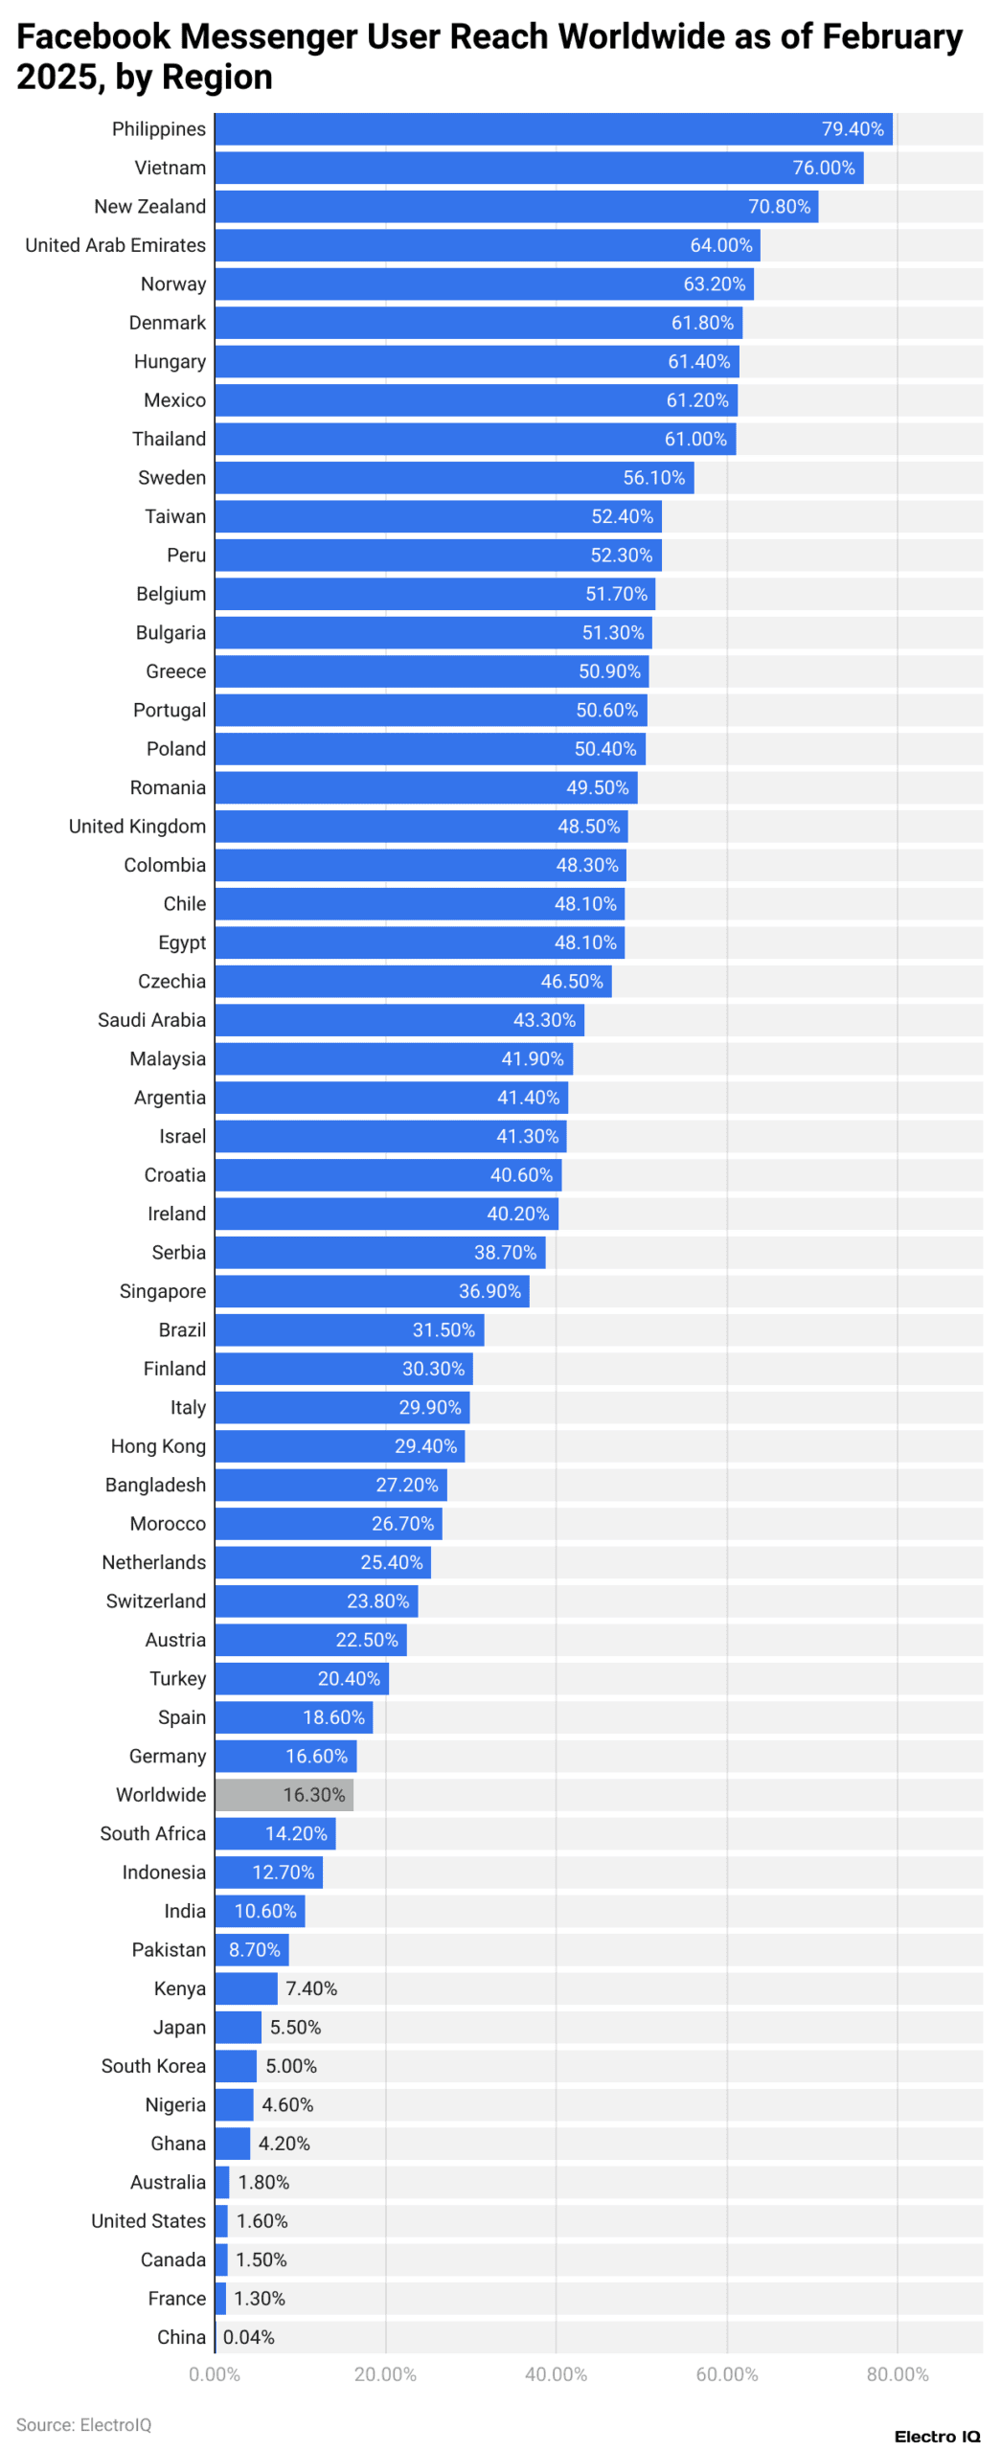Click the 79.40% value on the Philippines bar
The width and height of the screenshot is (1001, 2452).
(x=852, y=129)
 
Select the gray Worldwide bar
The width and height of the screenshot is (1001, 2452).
(x=283, y=1794)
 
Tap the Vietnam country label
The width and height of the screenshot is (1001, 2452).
(x=170, y=168)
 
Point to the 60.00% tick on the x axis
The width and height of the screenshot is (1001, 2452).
(x=726, y=2373)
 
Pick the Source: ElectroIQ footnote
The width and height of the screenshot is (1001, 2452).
(x=83, y=2424)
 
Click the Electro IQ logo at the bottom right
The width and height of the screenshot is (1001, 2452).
(x=936, y=2436)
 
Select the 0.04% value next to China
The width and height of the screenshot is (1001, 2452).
(x=248, y=2336)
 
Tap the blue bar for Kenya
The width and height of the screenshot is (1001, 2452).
(x=245, y=1987)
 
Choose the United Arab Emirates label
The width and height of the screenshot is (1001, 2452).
(x=115, y=245)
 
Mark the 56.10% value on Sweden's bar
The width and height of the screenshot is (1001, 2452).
(x=653, y=478)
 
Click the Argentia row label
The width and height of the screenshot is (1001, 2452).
(x=170, y=1098)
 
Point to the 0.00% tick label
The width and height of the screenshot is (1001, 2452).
(x=215, y=2373)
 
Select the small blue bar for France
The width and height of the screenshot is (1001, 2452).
(x=220, y=2298)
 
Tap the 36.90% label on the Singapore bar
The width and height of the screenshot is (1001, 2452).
(x=489, y=1291)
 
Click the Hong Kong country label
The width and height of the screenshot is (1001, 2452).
(x=158, y=1446)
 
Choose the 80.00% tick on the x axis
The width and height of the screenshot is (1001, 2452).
(x=897, y=2373)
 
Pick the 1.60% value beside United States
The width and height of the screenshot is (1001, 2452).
(x=262, y=2220)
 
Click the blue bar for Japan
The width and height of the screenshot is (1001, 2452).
(x=238, y=2027)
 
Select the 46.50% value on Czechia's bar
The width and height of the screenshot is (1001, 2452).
(x=571, y=981)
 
